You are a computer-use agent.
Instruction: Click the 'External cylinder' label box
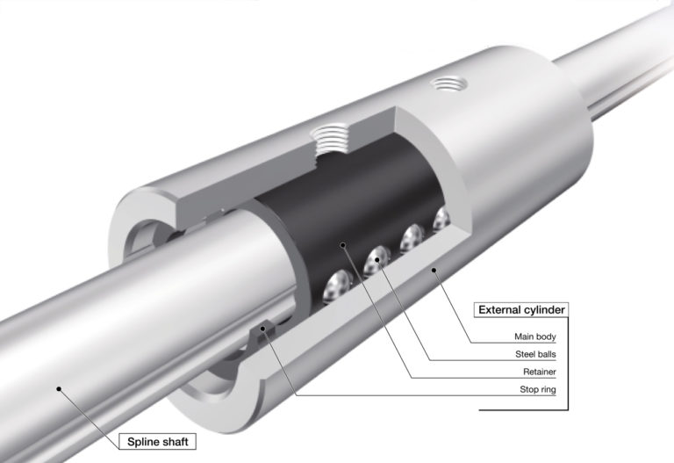point(519,309)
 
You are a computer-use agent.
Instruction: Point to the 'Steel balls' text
point(534,355)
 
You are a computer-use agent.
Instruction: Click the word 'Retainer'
point(539,373)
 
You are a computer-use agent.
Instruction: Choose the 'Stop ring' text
point(537,392)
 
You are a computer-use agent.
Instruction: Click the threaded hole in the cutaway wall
point(332,141)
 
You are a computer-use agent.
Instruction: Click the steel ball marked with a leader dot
point(378,258)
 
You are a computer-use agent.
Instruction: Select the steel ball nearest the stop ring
point(337,285)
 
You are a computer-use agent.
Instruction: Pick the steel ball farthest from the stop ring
point(439,221)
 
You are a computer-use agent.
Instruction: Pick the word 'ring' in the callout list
point(548,392)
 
